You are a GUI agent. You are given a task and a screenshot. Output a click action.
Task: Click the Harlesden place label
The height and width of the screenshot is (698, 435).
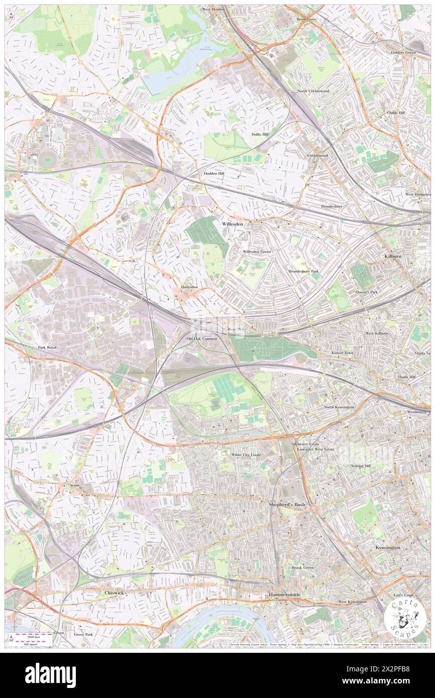(x=189, y=287)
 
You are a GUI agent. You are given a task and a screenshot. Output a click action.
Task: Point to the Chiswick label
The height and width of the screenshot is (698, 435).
(x=115, y=593)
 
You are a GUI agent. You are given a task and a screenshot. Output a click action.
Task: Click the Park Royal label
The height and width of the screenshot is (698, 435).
(x=49, y=347)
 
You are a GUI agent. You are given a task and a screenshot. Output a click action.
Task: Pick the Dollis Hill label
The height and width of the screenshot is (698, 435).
(x=260, y=134)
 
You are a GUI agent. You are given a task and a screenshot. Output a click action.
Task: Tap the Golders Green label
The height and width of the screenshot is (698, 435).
(x=403, y=53)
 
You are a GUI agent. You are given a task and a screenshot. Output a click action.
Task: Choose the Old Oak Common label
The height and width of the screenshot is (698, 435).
(x=202, y=339)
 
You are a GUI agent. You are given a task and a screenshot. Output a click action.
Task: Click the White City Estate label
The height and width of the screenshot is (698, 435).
(x=246, y=455)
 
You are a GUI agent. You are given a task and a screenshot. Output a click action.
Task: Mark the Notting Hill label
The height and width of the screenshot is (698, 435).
(x=360, y=466)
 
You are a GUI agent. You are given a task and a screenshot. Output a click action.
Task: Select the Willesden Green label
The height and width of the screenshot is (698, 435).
(x=257, y=251)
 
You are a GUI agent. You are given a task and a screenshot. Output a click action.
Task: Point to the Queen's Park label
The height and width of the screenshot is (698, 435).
(x=366, y=292)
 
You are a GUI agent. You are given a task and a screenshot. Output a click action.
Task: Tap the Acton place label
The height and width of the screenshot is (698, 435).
(x=74, y=486)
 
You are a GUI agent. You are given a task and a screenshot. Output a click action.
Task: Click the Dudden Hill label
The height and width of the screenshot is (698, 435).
(x=214, y=173)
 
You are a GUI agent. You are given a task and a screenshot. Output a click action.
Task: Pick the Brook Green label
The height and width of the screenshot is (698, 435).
(x=302, y=568)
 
